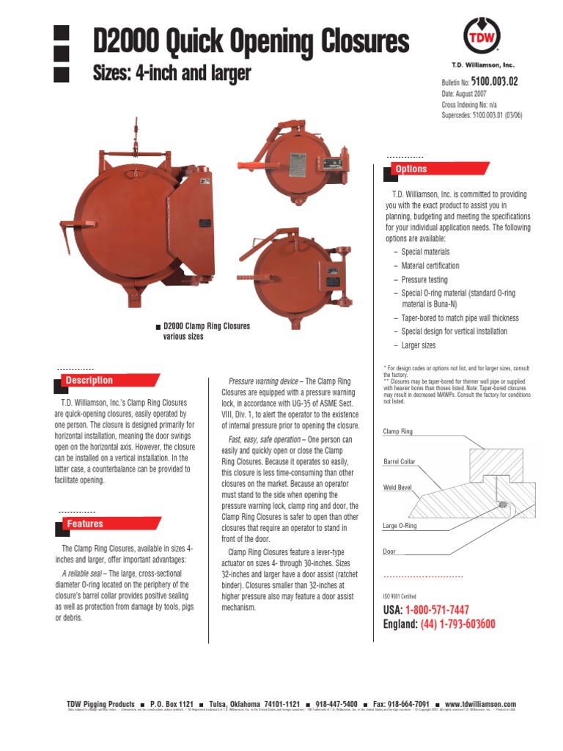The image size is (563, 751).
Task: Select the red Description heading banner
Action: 89,380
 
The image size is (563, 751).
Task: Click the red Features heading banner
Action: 85,524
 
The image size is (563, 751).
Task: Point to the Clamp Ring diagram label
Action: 398,432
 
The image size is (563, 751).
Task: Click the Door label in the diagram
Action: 389,551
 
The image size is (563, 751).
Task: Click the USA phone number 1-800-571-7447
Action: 443,610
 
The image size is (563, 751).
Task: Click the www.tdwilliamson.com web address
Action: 480,703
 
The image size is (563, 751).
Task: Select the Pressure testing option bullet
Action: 424,279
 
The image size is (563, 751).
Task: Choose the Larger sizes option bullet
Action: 418,345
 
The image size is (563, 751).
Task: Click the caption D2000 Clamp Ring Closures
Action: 206,326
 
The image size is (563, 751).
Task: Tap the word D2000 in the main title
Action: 124,42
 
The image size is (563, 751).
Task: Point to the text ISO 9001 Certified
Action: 400,596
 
